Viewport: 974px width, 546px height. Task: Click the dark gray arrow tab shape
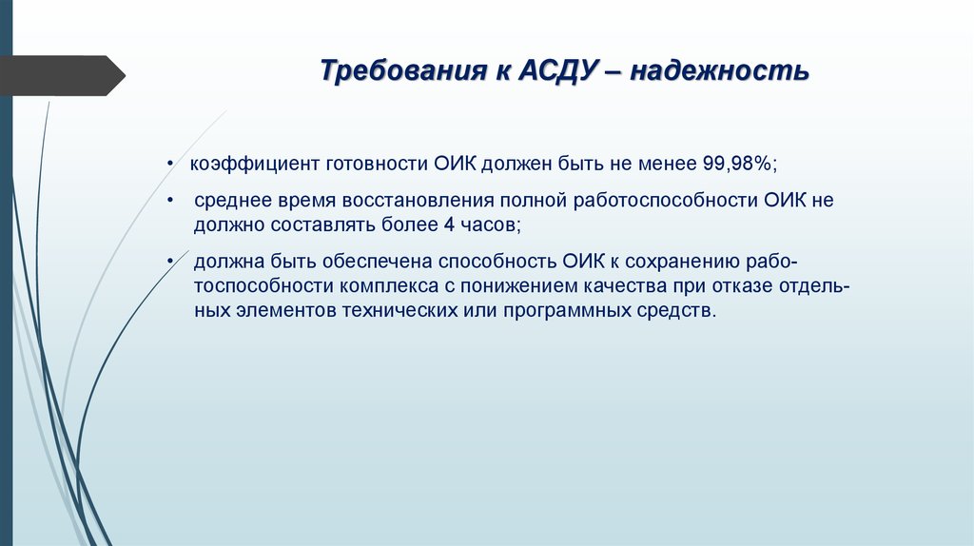pyautogui.click(x=62, y=75)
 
